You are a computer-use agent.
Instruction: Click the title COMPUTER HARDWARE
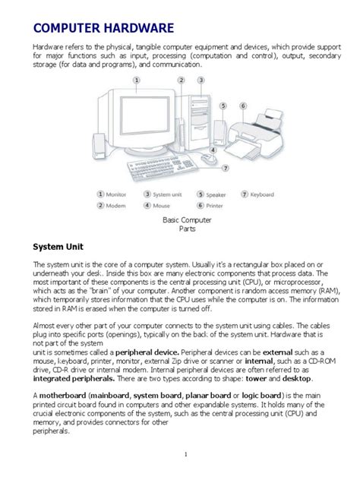[103, 29]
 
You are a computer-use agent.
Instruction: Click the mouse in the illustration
[207, 159]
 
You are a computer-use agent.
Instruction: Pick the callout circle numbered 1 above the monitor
[136, 79]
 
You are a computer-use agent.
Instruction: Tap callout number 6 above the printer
[243, 106]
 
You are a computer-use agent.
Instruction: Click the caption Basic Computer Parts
[187, 223]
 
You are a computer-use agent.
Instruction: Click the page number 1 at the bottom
[185, 454]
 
